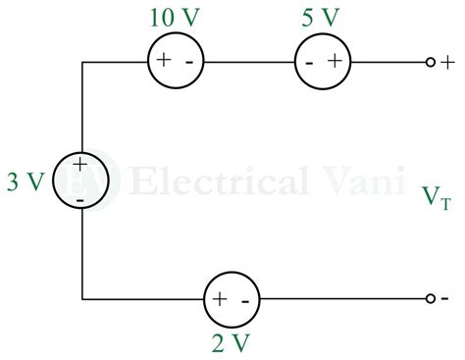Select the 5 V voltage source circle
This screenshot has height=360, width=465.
coord(321,62)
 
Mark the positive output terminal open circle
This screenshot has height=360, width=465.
coord(430,62)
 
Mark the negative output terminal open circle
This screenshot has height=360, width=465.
coord(430,297)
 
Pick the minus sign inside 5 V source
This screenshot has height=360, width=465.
coord(309,62)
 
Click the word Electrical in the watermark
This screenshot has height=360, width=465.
coord(201,180)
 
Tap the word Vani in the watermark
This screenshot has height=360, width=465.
coord(347,180)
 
